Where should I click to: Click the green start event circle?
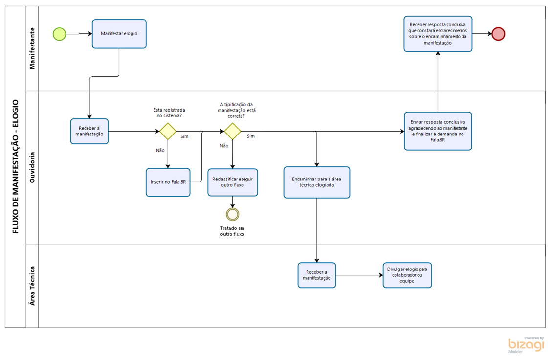click(59, 34)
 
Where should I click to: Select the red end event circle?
click(498, 34)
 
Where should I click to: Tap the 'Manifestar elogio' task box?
click(119, 34)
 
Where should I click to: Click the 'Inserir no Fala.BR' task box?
click(168, 182)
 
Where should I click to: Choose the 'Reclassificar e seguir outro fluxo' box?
click(232, 182)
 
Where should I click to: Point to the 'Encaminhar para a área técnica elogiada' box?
click(316, 182)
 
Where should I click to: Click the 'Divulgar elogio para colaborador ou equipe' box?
click(407, 275)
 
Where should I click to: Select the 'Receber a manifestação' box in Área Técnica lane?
click(316, 275)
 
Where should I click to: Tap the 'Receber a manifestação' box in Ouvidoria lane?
click(89, 131)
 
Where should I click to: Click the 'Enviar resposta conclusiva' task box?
click(438, 131)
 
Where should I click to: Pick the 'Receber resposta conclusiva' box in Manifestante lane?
click(438, 34)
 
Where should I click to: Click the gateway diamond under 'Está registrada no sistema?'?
click(168, 131)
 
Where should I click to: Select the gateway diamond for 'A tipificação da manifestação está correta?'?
click(232, 131)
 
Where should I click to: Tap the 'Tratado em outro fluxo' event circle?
click(232, 214)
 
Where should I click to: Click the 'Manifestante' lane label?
click(33, 49)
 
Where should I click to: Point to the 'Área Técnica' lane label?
click(33, 286)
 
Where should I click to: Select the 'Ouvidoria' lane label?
click(33, 167)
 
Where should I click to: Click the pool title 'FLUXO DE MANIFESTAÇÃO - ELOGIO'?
click(15, 167)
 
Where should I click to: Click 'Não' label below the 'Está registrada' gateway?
click(160, 150)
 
